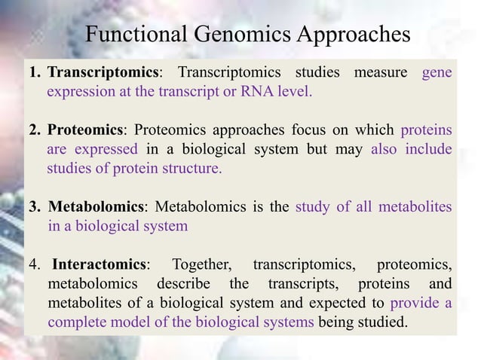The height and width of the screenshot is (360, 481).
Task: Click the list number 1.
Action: [34, 72]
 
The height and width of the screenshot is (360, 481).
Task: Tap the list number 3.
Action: [34, 206]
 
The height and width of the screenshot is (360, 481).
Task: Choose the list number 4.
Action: [34, 264]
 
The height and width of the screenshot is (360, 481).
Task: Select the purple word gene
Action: [437, 72]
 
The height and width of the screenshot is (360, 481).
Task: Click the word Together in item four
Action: [201, 264]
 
